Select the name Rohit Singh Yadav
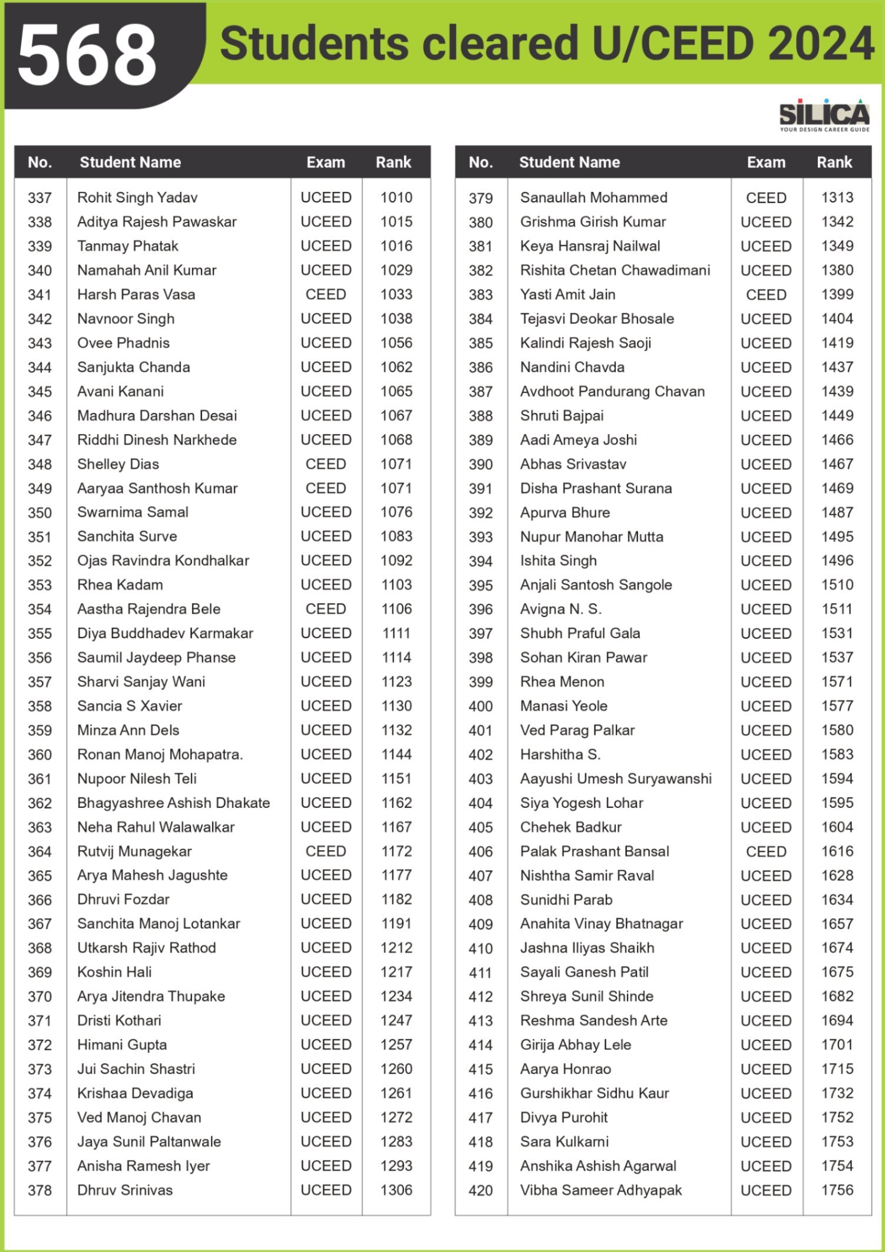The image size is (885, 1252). pyautogui.click(x=137, y=198)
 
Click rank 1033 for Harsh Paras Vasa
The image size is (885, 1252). pyautogui.click(x=396, y=294)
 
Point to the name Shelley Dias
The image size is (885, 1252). pyautogui.click(x=118, y=464)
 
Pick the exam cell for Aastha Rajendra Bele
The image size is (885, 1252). pyautogui.click(x=326, y=609)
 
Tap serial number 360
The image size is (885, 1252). pyautogui.click(x=39, y=754)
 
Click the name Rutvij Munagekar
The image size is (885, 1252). pyautogui.click(x=134, y=851)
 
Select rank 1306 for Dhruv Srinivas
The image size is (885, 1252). pyautogui.click(x=396, y=1190)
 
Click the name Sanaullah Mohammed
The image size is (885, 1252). pyautogui.click(x=593, y=198)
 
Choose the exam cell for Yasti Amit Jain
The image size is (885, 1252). pyautogui.click(x=766, y=294)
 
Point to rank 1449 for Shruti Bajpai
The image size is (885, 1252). pyautogui.click(x=837, y=416)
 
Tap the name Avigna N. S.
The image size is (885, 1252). pyautogui.click(x=560, y=609)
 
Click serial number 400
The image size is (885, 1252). pyautogui.click(x=480, y=706)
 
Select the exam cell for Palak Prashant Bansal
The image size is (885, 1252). pyautogui.click(x=766, y=852)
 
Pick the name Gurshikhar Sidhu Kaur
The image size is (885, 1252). pyautogui.click(x=595, y=1093)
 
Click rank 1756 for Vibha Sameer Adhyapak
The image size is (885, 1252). pyautogui.click(x=837, y=1190)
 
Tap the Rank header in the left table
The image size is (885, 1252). pyautogui.click(x=394, y=163)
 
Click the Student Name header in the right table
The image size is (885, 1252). pyautogui.click(x=569, y=163)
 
